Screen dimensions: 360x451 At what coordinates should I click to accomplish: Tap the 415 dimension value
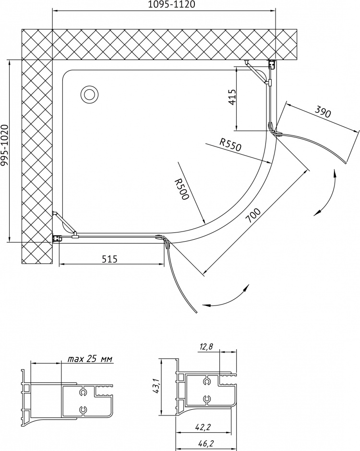tap(232, 97)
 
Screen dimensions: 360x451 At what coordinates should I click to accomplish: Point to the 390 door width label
tap(323, 111)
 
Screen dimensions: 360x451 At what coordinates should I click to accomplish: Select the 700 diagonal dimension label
tap(254, 216)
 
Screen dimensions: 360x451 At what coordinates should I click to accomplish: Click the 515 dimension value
tap(110, 259)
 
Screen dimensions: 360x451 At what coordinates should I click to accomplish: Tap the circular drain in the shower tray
tap(90, 94)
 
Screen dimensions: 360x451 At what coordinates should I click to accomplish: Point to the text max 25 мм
tap(90, 359)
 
